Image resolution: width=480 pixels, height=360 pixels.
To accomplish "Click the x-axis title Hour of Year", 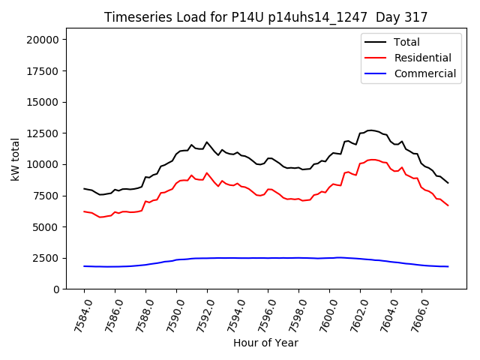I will coord(265,343).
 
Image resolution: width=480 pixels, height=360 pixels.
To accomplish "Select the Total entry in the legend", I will coord(406,42).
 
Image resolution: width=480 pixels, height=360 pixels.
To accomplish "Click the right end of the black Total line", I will coord(448,183).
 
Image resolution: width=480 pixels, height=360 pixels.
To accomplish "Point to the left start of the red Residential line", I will coord(84,211).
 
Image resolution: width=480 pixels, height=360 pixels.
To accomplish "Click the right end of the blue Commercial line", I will coord(448,266).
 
